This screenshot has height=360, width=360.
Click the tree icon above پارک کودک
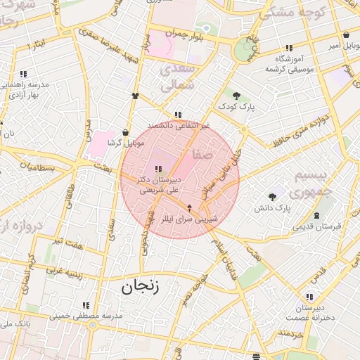point(236,96)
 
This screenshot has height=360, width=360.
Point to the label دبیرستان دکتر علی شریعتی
point(157,184)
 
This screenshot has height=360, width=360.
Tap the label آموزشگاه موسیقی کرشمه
point(288,64)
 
